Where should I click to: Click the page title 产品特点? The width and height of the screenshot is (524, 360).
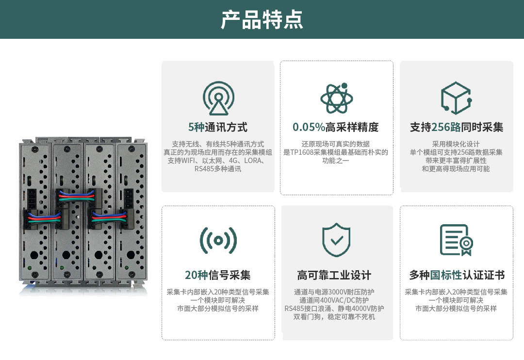[262, 19]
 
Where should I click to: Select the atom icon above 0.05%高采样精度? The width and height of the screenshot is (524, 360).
[337, 98]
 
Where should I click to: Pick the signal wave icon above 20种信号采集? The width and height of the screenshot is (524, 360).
[218, 240]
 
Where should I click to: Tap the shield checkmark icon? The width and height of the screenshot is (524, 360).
[336, 240]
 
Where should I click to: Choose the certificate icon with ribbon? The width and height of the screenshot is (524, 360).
[456, 240]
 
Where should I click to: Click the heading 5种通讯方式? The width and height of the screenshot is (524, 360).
[218, 128]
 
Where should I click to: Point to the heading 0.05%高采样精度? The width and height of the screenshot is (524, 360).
[336, 128]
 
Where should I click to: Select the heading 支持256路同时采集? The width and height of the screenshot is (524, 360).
[457, 128]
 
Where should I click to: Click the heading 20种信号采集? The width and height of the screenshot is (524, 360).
[218, 276]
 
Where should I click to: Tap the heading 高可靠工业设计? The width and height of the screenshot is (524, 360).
[334, 276]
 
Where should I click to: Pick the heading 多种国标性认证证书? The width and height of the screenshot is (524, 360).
[457, 276]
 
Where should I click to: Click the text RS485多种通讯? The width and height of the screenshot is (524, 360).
[218, 169]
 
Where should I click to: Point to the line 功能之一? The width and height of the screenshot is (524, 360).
[336, 161]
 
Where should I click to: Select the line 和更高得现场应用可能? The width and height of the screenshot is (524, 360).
[456, 169]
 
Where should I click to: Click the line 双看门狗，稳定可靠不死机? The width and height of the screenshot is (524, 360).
[334, 317]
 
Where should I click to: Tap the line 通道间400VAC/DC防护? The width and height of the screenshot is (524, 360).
[334, 300]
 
